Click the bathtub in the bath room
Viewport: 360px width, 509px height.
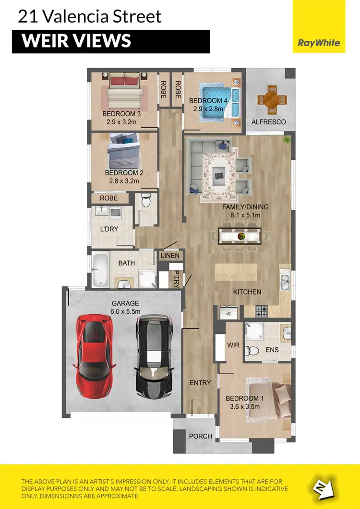[x=100, y=270]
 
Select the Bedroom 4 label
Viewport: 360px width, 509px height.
[x=208, y=101]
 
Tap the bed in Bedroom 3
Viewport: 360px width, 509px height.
[x=124, y=92]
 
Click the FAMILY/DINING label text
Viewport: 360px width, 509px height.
[x=245, y=207]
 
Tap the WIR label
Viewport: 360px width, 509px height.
[x=234, y=345]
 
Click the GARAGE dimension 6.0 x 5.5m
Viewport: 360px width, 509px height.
[x=125, y=311]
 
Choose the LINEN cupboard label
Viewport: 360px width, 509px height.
[x=170, y=256]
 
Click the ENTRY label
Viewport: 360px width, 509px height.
[x=200, y=382]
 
